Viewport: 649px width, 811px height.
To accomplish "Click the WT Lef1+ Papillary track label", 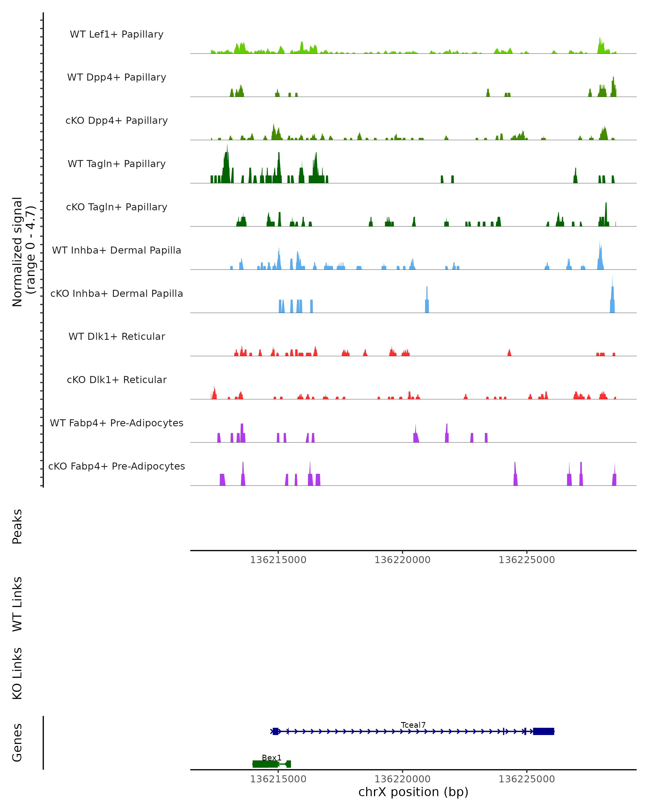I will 117,34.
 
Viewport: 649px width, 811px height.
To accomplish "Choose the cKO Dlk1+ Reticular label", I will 117,380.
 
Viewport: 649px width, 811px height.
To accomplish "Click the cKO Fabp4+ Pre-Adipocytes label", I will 117,466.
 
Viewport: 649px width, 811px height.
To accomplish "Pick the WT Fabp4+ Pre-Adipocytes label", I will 117,423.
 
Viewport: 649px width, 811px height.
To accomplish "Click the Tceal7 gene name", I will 413,725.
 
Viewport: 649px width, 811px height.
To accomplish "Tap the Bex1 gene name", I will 272,757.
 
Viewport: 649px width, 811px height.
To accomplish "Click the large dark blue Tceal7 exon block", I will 543,731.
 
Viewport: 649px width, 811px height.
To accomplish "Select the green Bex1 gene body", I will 265,764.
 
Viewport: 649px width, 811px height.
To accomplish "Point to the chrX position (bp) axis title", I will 413,792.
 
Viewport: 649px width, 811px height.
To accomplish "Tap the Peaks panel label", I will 17,526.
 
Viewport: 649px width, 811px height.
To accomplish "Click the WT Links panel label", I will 17,604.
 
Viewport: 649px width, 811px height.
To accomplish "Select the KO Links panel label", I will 17,673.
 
